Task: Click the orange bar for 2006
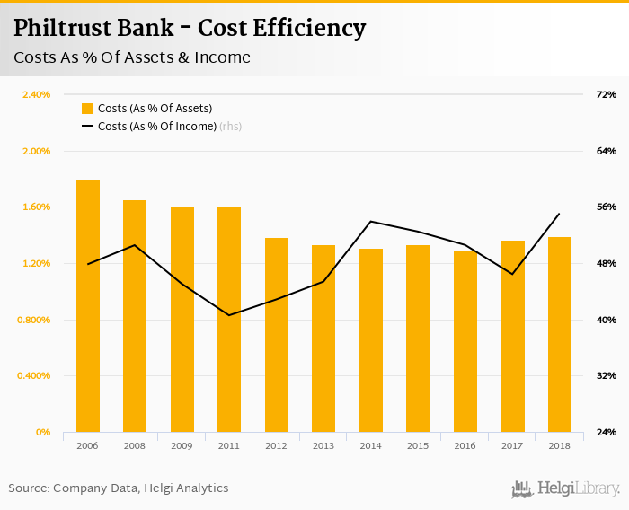(x=88, y=305)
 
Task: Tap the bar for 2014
(x=371, y=340)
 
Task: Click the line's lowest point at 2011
(x=229, y=315)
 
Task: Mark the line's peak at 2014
(x=371, y=221)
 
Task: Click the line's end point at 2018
(x=560, y=214)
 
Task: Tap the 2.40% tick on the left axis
(x=35, y=94)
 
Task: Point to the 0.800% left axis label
(x=34, y=320)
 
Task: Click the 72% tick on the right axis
(x=606, y=94)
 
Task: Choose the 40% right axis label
(x=606, y=320)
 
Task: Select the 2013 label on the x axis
(x=323, y=446)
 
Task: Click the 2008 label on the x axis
(x=135, y=446)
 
